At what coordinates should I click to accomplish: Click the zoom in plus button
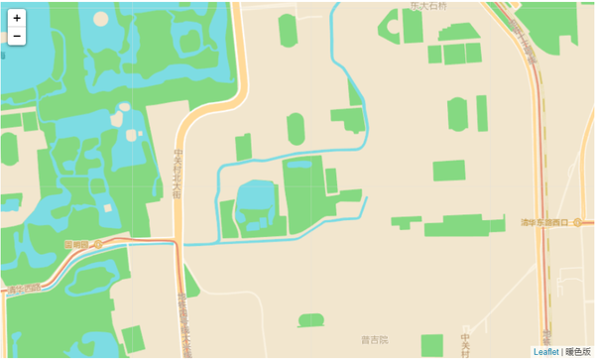(x=17, y=18)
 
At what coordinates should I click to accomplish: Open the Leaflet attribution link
(x=545, y=352)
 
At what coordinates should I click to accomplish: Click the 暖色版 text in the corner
(x=578, y=352)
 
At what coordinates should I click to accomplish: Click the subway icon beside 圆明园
(x=97, y=244)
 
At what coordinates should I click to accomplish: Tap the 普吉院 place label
(x=375, y=340)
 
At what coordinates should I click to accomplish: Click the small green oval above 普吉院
(x=311, y=319)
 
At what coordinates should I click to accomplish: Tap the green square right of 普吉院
(x=431, y=345)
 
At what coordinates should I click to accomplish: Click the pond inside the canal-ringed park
(x=256, y=195)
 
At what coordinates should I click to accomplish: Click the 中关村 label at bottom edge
(x=464, y=343)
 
